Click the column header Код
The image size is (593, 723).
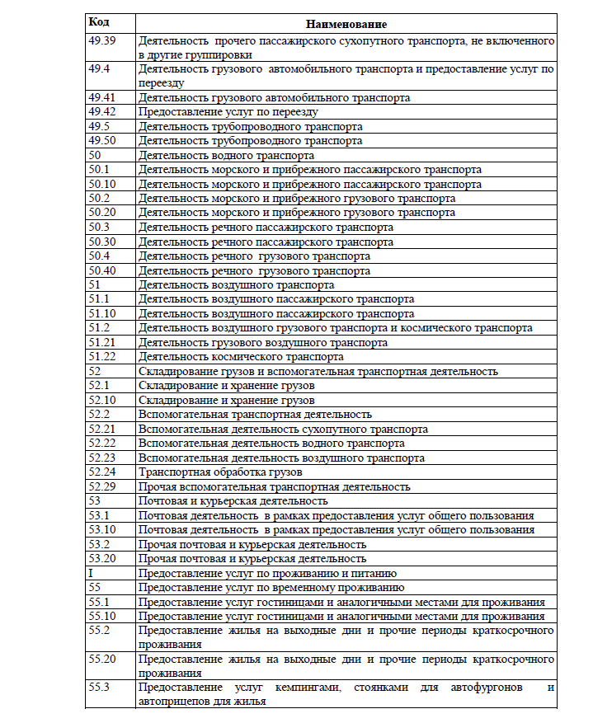coord(99,24)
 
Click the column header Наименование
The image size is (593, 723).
coord(346,25)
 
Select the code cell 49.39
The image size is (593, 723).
coord(101,40)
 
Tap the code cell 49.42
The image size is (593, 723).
coord(101,111)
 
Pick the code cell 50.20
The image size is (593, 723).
coord(101,213)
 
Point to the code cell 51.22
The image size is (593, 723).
coord(101,357)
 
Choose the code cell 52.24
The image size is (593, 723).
coord(101,472)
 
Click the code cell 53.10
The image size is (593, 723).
coord(101,530)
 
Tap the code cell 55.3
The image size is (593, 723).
coord(99,687)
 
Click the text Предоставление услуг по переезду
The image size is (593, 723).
coord(228,111)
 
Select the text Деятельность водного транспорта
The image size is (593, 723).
coord(226,155)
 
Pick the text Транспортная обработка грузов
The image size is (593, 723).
coord(220,472)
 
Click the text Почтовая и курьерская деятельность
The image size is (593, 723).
coord(233,501)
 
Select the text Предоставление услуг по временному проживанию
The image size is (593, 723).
coord(271,588)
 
